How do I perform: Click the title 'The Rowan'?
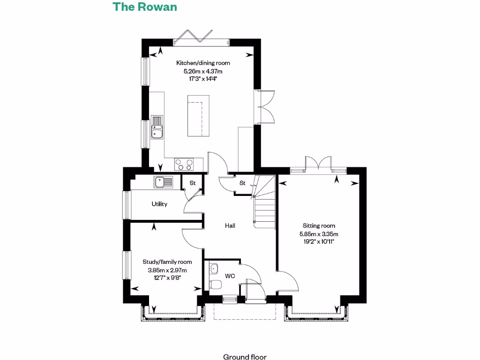point(144,7)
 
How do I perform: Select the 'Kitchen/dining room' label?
point(203,63)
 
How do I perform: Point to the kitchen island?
point(196,115)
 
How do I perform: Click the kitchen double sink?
point(157,127)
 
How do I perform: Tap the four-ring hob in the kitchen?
point(184,165)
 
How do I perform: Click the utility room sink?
point(163,181)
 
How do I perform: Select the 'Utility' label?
point(159,204)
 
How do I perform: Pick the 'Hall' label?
point(230,225)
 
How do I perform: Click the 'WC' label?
point(230,276)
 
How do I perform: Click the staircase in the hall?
point(264,202)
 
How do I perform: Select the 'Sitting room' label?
point(319,225)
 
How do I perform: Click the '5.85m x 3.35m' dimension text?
point(319,233)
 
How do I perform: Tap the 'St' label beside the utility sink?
point(192,183)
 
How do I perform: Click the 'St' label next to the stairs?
point(242,183)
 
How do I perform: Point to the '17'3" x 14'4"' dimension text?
point(203,79)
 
